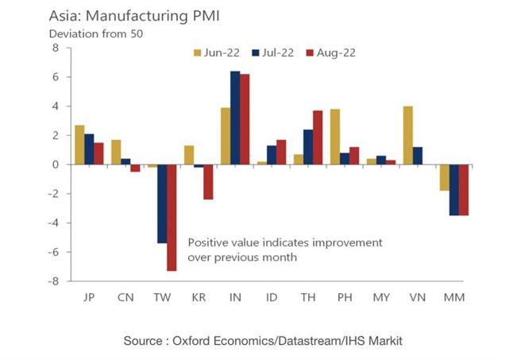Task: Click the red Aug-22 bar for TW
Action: coord(172,218)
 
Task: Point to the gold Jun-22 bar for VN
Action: coord(407,135)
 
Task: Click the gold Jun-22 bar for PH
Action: coord(334,137)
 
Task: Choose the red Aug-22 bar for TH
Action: coord(318,137)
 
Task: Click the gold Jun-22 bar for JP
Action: coord(79,145)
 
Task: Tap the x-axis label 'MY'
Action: coord(380,297)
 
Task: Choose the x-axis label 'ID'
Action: coord(271,297)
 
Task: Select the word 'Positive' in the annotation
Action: coord(208,242)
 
